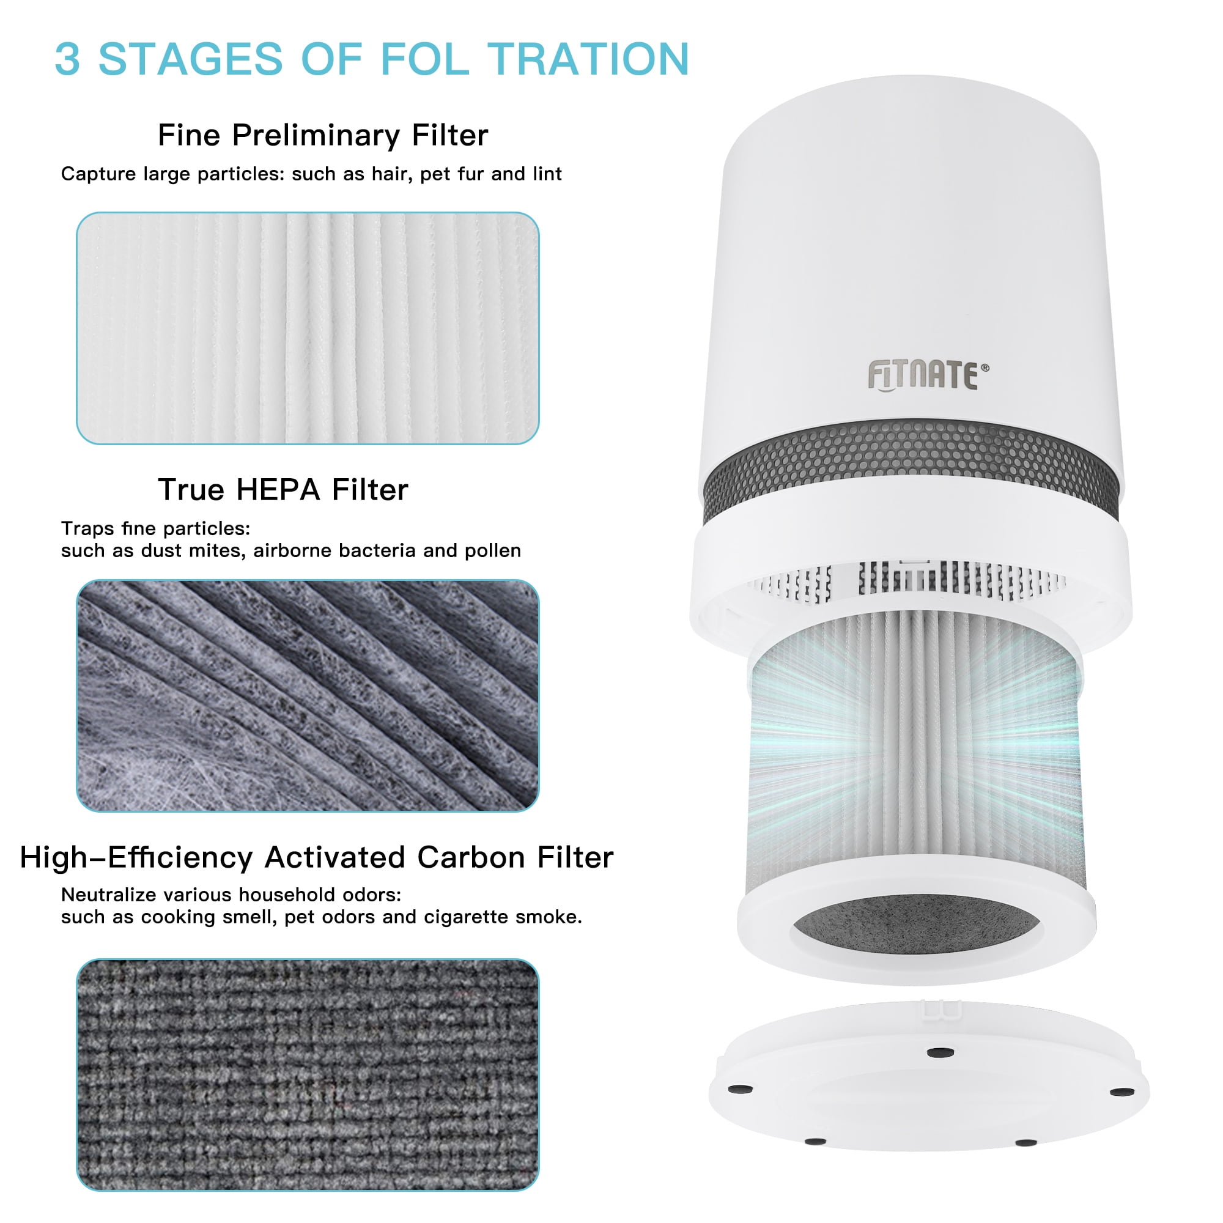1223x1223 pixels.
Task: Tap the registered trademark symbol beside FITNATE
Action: (985, 367)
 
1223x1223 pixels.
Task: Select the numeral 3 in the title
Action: (68, 59)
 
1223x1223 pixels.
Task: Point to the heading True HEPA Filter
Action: (283, 489)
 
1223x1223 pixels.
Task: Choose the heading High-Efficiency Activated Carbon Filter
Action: (317, 857)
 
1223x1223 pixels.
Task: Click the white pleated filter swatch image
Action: (308, 328)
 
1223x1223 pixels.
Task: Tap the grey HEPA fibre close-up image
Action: (308, 695)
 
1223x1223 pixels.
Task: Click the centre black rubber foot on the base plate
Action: (940, 1052)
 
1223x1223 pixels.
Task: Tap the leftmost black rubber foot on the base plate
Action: (741, 1089)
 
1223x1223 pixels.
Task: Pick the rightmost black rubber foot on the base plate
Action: (1122, 1092)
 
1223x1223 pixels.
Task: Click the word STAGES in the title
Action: (191, 59)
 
